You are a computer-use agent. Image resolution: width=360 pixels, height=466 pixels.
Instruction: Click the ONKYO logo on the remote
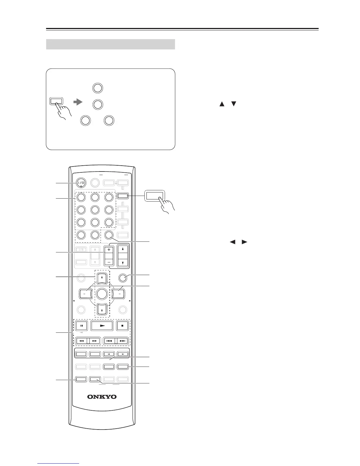coord(102,397)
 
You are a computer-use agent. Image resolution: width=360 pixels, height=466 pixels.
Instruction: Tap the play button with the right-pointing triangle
coord(102,326)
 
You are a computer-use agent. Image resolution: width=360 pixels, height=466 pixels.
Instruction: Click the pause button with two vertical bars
coord(82,326)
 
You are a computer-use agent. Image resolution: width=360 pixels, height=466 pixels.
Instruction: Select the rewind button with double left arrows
coord(82,341)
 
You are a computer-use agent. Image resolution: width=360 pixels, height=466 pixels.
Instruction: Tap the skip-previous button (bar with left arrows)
coord(109,341)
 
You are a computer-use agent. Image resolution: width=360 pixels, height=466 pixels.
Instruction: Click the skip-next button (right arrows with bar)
coord(123,341)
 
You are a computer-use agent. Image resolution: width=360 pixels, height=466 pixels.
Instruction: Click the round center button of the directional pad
coord(102,293)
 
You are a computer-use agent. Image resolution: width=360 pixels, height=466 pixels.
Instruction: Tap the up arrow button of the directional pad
coord(102,277)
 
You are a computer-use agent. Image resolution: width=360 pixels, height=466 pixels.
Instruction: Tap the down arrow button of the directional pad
coord(102,309)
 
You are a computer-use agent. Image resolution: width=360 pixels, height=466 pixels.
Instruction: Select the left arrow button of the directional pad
coord(86,294)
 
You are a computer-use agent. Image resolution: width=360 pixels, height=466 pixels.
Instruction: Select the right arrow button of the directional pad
coord(118,294)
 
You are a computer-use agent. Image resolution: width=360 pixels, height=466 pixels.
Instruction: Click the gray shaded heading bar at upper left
coord(111,44)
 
